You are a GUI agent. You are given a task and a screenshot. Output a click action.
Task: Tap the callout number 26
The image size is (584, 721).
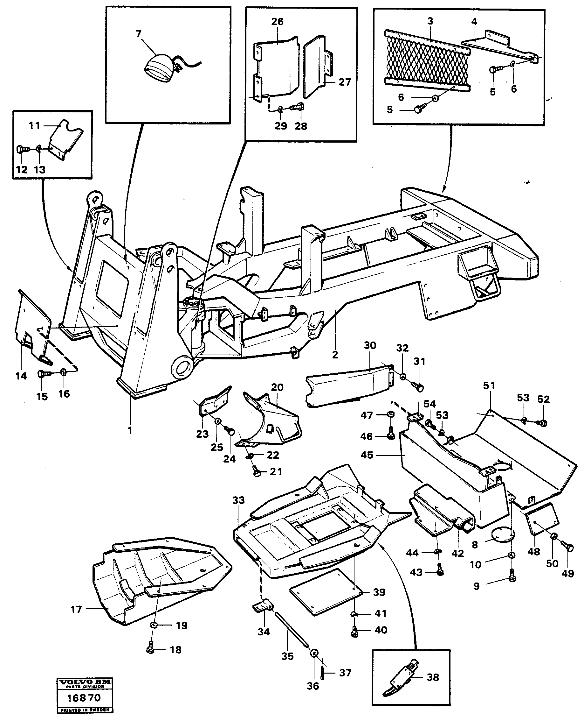(x=278, y=22)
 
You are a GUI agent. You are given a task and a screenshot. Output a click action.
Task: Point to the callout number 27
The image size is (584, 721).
(x=345, y=82)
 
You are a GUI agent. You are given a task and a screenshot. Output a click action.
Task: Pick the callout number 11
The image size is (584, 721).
(x=34, y=126)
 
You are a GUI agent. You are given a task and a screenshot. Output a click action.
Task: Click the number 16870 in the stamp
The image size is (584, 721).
(x=84, y=697)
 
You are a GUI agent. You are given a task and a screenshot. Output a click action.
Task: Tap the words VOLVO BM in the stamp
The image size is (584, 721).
(x=85, y=683)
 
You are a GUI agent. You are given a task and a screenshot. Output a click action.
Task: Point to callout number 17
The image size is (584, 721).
(x=76, y=610)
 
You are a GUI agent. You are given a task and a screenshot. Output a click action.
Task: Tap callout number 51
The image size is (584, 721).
(x=489, y=385)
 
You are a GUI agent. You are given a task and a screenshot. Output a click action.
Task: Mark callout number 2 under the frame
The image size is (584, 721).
(x=335, y=355)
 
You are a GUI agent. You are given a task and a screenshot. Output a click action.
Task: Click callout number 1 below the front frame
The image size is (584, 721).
(x=130, y=430)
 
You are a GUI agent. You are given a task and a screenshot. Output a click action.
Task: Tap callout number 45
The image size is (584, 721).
(x=367, y=455)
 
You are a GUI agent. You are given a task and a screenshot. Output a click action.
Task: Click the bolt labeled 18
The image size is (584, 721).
(x=150, y=650)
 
